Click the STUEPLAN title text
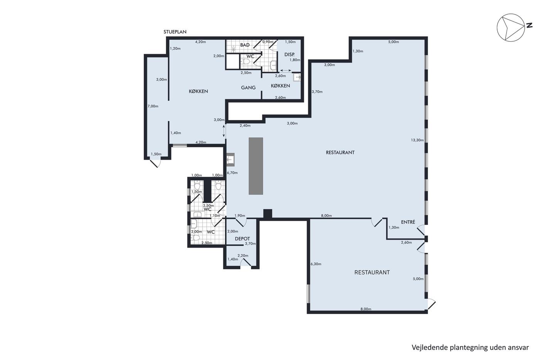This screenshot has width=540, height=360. click(x=175, y=32)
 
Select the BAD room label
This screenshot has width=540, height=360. click(x=245, y=45)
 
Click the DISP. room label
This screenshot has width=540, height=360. click(x=289, y=55)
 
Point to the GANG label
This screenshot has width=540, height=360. click(x=248, y=88)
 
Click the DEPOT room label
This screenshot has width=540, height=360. click(x=242, y=239)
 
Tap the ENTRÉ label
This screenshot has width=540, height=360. click(x=408, y=222)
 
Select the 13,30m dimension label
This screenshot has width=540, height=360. click(x=417, y=140)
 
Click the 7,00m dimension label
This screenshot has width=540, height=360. click(x=153, y=106)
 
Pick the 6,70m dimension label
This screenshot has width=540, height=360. click(x=232, y=172)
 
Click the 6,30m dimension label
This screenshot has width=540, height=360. click(x=316, y=264)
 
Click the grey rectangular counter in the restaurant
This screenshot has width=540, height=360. click(x=256, y=166)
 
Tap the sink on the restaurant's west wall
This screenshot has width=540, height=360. click(x=230, y=160)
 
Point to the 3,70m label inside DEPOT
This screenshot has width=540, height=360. click(x=250, y=243)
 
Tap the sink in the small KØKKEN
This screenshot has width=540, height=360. click(x=297, y=77)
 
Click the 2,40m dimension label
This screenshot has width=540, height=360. click(x=245, y=125)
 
